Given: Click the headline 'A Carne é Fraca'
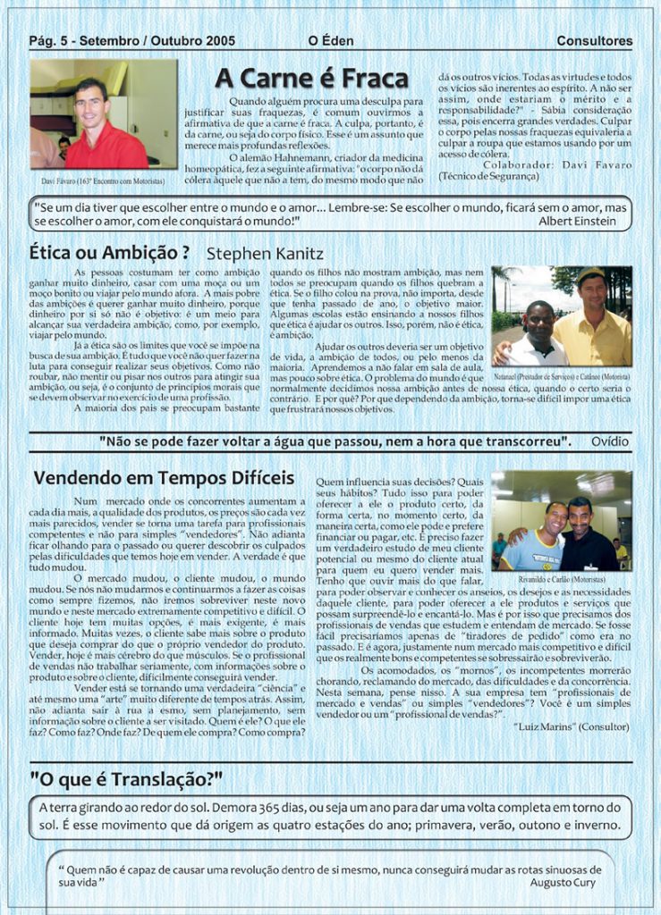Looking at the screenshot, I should click(311, 79).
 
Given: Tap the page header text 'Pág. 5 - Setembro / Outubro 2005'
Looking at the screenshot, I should click(131, 41).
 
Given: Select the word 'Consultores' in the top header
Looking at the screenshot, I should click(594, 41).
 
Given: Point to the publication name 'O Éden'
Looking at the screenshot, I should click(331, 41).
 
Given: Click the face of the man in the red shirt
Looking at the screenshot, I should click(89, 105).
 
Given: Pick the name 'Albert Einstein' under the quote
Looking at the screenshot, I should click(577, 220).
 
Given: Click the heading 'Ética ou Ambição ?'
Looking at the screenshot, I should click(109, 252).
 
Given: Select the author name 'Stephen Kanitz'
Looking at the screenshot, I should click(265, 254).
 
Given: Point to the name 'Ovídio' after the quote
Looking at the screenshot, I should click(609, 441).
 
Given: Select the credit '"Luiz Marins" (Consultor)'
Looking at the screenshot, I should click(572, 726).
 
